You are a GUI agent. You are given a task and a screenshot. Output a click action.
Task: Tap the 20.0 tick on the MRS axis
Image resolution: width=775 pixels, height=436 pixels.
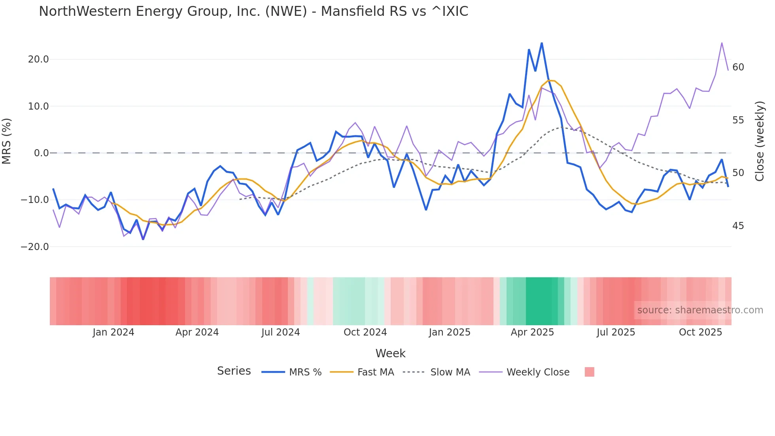38,59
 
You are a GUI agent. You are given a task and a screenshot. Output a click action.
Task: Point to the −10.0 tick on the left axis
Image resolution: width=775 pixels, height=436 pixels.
35,200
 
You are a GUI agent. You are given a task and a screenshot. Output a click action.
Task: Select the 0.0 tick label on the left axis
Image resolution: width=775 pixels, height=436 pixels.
41,153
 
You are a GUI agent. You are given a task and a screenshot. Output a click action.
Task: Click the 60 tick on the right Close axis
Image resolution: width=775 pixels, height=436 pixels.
738,67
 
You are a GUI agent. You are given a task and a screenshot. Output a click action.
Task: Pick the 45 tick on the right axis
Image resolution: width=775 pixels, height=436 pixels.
738,226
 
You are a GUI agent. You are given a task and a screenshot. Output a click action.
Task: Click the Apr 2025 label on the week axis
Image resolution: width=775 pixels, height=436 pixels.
532,332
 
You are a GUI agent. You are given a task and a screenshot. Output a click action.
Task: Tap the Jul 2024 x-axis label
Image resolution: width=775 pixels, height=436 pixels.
280,332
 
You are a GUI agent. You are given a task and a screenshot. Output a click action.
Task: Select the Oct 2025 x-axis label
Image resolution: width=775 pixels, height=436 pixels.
700,332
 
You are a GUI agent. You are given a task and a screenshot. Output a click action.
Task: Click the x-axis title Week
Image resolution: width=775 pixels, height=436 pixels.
390,353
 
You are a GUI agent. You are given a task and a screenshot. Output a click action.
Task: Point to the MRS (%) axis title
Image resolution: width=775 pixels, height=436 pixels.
7,141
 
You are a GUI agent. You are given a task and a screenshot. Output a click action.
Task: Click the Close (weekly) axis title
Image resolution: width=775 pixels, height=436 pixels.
759,141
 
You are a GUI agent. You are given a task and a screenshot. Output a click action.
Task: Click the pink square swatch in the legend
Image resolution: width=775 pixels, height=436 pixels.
589,372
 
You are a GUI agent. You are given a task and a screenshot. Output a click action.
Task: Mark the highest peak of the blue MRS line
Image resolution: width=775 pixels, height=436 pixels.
542,43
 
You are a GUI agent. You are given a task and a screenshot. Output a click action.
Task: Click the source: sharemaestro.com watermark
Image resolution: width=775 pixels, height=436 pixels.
700,310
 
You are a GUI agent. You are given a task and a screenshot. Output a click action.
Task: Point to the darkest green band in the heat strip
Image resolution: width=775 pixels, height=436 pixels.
541,301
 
